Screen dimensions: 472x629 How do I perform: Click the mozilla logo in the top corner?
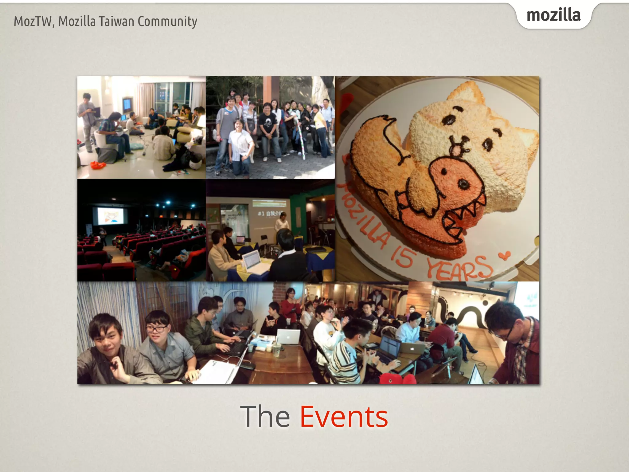pyautogui.click(x=553, y=15)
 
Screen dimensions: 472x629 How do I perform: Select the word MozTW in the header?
pyautogui.click(x=33, y=22)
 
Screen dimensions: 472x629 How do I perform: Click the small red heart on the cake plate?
pyautogui.click(x=504, y=255)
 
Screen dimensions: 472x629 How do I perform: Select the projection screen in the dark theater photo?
pyautogui.click(x=110, y=215)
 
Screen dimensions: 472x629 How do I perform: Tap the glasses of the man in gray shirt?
pyautogui.click(x=157, y=329)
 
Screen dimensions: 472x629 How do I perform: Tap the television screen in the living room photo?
pyautogui.click(x=127, y=105)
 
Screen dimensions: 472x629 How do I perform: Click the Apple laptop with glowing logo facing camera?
pyautogui.click(x=288, y=336)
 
